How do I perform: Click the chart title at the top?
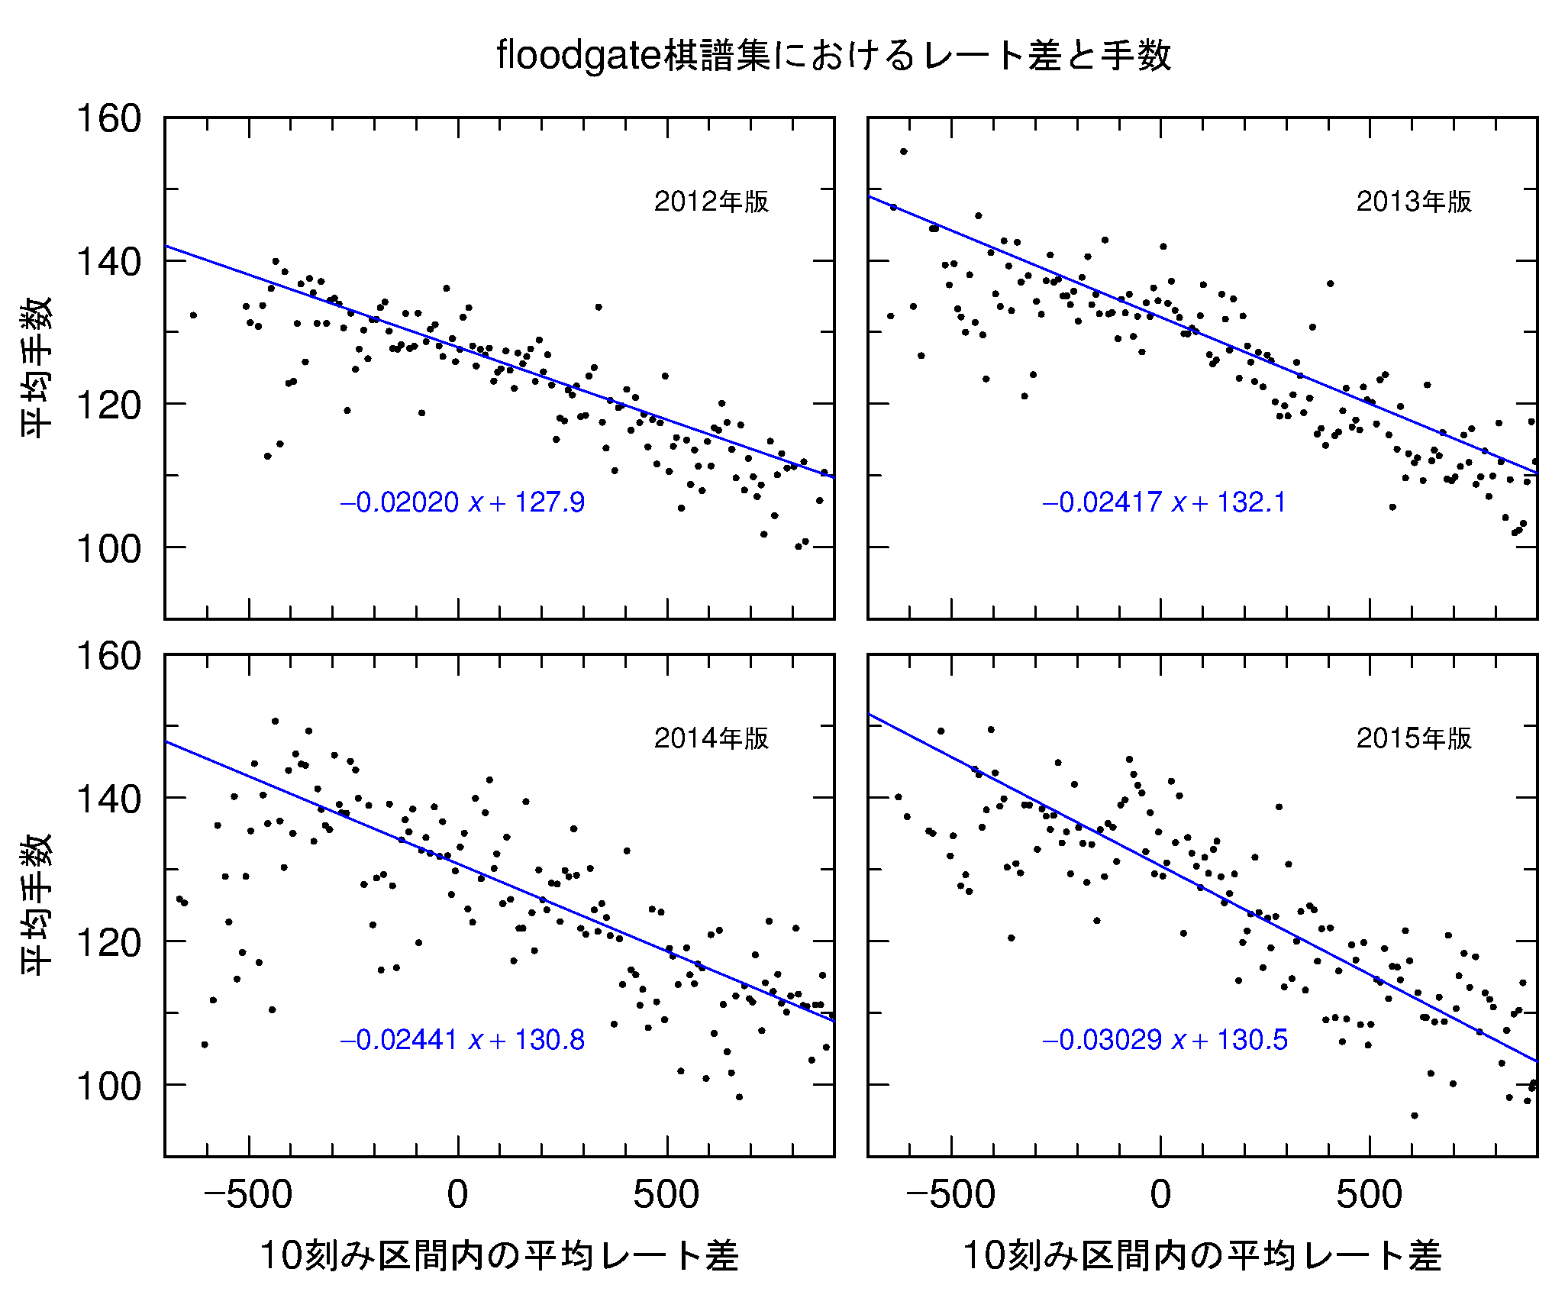click(833, 55)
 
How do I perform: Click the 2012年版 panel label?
click(712, 202)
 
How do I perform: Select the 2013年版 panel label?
click(1414, 202)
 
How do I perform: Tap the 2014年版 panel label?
click(712, 738)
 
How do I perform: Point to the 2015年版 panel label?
click(1414, 738)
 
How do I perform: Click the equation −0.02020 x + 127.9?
click(463, 502)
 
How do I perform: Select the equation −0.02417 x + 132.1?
click(1165, 502)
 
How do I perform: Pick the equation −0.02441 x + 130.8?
click(463, 1040)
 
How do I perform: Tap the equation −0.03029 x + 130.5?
click(1165, 1040)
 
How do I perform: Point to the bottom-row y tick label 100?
click(109, 1087)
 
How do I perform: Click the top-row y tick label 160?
click(109, 119)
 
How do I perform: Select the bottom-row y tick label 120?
click(109, 943)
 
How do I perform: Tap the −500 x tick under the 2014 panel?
click(248, 1195)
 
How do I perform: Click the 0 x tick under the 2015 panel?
click(1160, 1195)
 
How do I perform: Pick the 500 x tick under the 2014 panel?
click(666, 1195)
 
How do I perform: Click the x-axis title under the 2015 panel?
click(1202, 1256)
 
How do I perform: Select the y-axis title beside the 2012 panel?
click(37, 366)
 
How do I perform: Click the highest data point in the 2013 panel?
click(904, 151)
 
